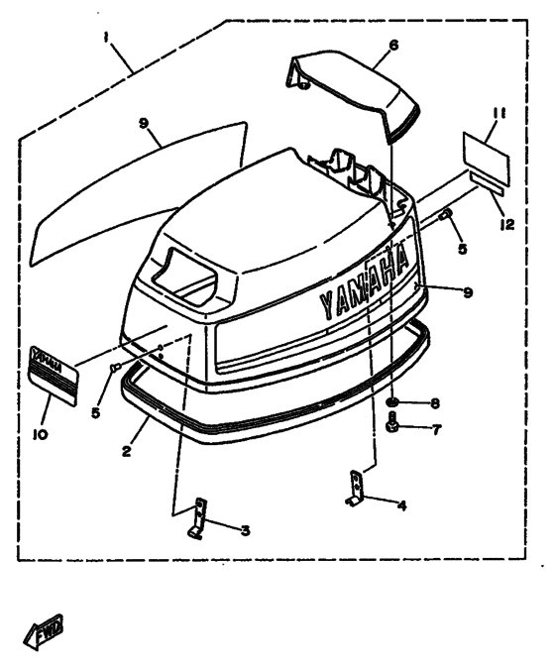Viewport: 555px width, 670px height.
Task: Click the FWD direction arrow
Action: pyautogui.click(x=43, y=632)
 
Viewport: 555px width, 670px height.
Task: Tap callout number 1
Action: pyautogui.click(x=106, y=38)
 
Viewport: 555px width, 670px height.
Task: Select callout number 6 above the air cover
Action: pyautogui.click(x=393, y=45)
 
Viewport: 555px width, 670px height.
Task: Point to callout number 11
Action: pyautogui.click(x=499, y=113)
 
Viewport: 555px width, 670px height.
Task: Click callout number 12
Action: pyautogui.click(x=507, y=224)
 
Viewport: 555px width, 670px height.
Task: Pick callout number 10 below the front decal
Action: pyautogui.click(x=41, y=434)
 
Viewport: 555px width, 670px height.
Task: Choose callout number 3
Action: pyautogui.click(x=245, y=530)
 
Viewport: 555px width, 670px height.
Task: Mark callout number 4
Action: pyautogui.click(x=401, y=505)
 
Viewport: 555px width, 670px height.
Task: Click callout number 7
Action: pyautogui.click(x=436, y=430)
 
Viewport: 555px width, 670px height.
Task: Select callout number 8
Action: pyautogui.click(x=435, y=403)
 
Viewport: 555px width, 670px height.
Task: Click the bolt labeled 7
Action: pyautogui.click(x=392, y=422)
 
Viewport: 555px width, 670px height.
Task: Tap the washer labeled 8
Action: pyautogui.click(x=391, y=402)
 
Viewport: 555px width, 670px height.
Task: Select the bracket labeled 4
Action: pyautogui.click(x=356, y=489)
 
